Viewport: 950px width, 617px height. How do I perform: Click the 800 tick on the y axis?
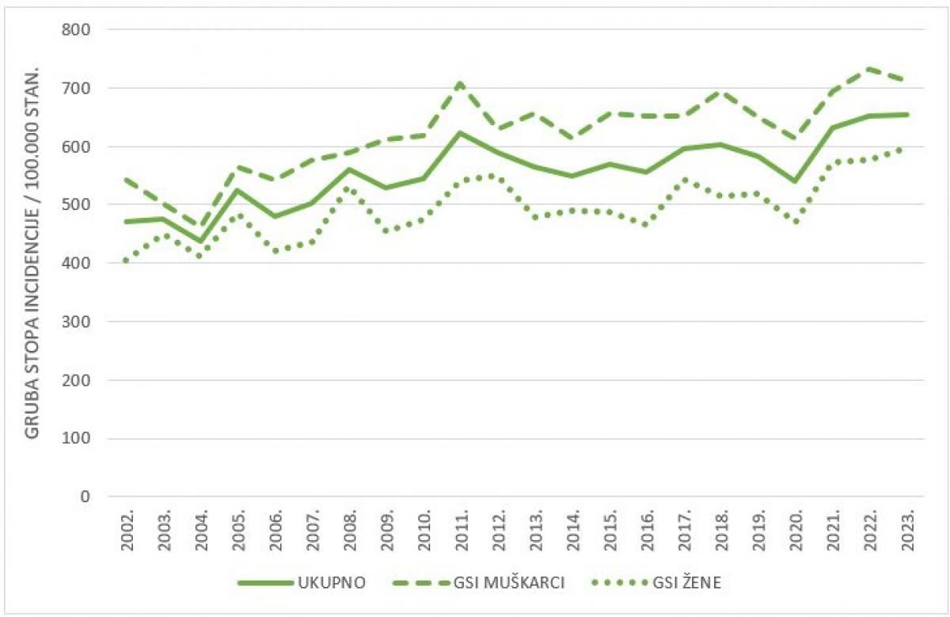(x=77, y=29)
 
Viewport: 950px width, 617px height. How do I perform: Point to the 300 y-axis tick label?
(x=77, y=322)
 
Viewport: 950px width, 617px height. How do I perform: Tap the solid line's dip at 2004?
(x=200, y=242)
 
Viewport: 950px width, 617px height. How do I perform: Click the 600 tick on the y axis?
(x=77, y=147)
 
